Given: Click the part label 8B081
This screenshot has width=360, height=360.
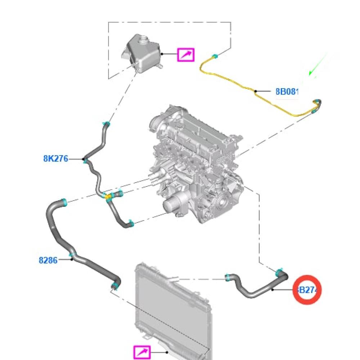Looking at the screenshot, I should tap(287, 91).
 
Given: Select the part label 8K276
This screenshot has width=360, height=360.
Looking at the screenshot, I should tap(55, 158).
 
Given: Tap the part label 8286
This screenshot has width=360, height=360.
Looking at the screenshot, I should tap(48, 260).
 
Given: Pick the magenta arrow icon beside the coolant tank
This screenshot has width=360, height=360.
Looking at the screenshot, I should tap(186, 55).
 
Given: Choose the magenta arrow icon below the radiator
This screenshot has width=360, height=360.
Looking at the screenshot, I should tap(142, 352).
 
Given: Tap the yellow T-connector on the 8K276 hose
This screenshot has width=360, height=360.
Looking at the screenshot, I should tap(108, 197).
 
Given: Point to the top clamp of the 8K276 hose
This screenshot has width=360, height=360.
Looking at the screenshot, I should tap(106, 125).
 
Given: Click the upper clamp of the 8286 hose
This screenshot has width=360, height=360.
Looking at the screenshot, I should tap(64, 202).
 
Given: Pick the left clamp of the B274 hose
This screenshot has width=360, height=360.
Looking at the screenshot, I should tap(228, 277).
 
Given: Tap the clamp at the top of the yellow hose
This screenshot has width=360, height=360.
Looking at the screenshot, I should tap(215, 56).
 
